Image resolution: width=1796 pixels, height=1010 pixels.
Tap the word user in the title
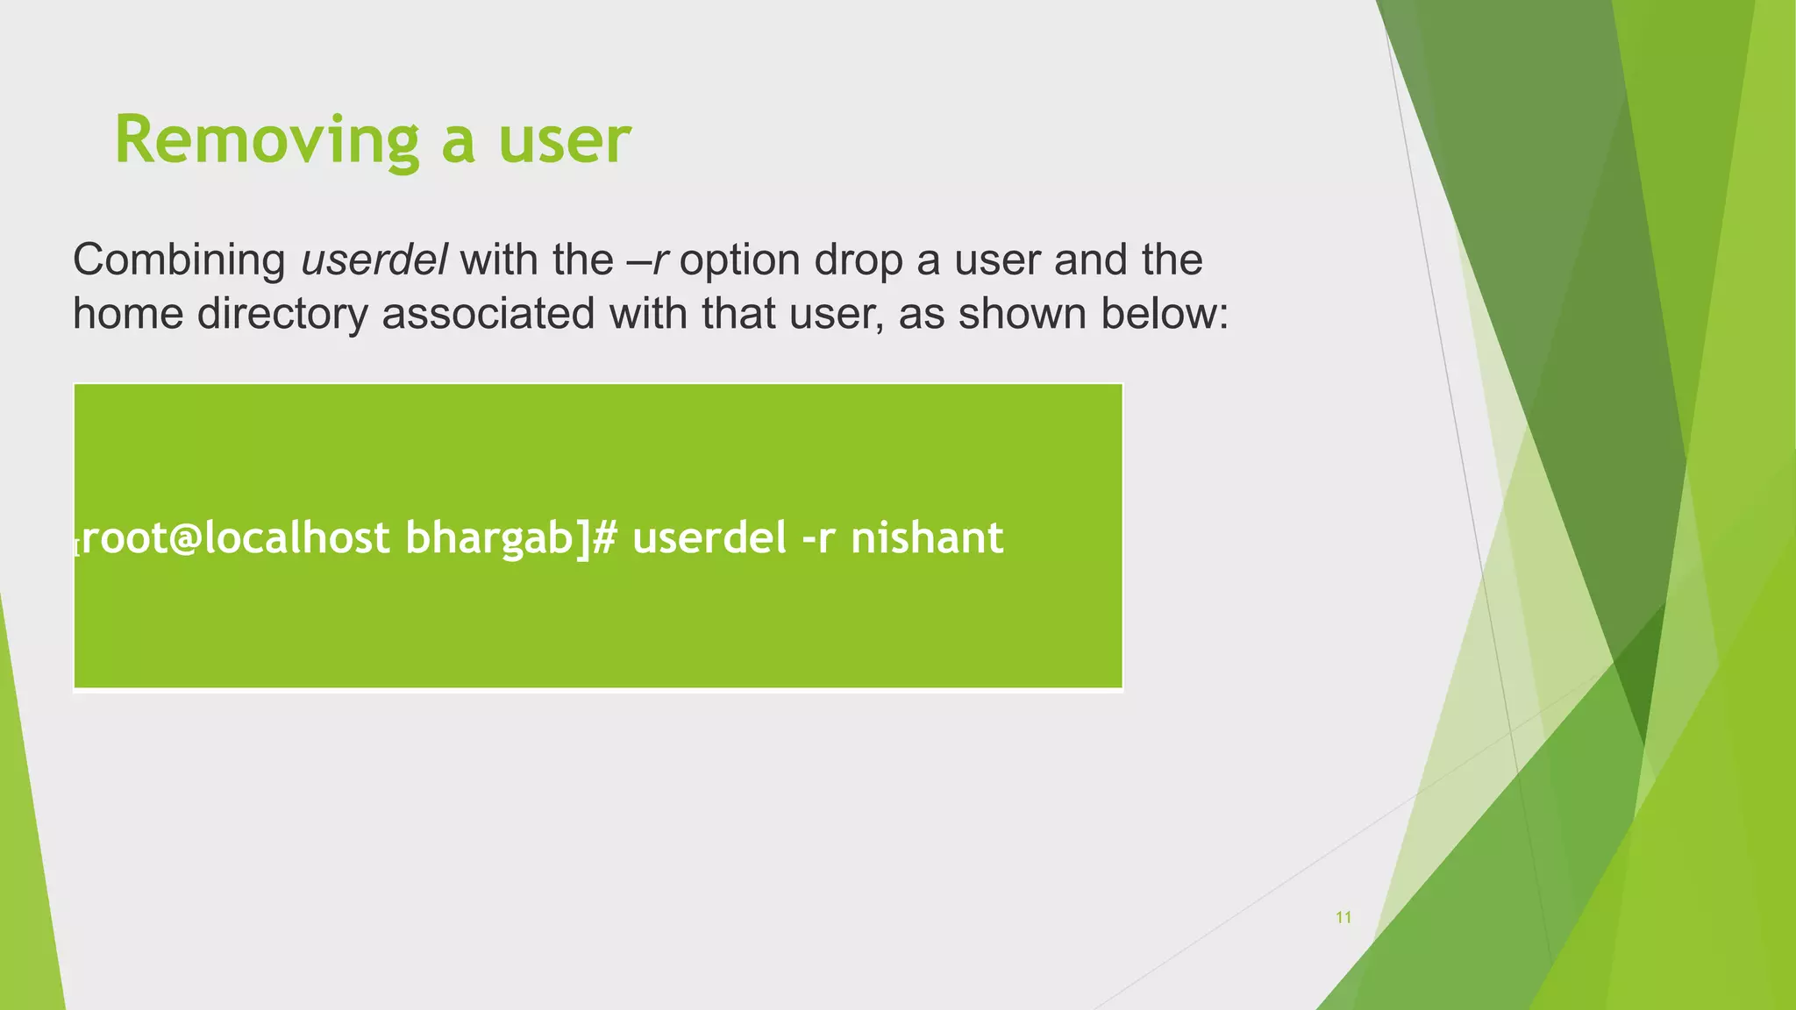click(x=564, y=140)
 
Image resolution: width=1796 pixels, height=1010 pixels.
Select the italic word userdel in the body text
click(x=374, y=260)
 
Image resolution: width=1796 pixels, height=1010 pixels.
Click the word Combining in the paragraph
click(x=179, y=260)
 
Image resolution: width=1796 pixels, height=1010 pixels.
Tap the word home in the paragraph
click(x=127, y=314)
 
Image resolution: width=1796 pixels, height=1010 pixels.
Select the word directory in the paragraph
click(x=282, y=314)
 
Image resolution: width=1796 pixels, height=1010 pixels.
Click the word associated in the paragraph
click(x=488, y=314)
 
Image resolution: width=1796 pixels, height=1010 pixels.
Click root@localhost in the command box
click(x=236, y=537)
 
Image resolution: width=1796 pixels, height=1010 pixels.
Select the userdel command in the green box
click(x=709, y=537)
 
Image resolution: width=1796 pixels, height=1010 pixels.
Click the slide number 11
click(x=1343, y=918)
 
